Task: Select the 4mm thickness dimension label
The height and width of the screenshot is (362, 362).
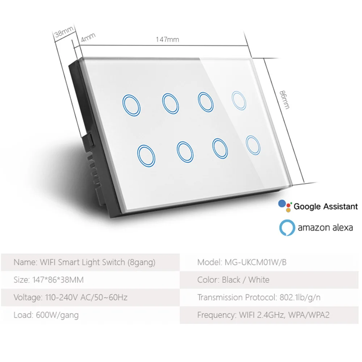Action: [x=88, y=37]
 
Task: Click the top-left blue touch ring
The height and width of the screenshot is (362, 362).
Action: [x=131, y=106]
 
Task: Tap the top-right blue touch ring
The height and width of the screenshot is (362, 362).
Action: [x=239, y=100]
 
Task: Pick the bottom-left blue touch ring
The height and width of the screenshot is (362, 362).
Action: [x=147, y=156]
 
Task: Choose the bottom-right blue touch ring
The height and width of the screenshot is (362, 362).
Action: [x=252, y=146]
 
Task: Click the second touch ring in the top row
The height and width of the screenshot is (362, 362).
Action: [x=170, y=103]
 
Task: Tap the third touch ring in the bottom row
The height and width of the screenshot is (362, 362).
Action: [x=220, y=148]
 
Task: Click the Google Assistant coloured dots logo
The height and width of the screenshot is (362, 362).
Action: [x=285, y=206]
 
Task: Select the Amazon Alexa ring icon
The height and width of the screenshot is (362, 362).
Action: [x=287, y=228]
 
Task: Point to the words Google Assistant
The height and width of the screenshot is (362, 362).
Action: [x=325, y=207]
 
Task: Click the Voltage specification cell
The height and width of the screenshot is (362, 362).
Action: [x=70, y=298]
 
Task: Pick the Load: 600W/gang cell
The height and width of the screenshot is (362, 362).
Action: [x=46, y=315]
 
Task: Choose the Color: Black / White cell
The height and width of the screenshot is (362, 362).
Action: [x=233, y=280]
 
